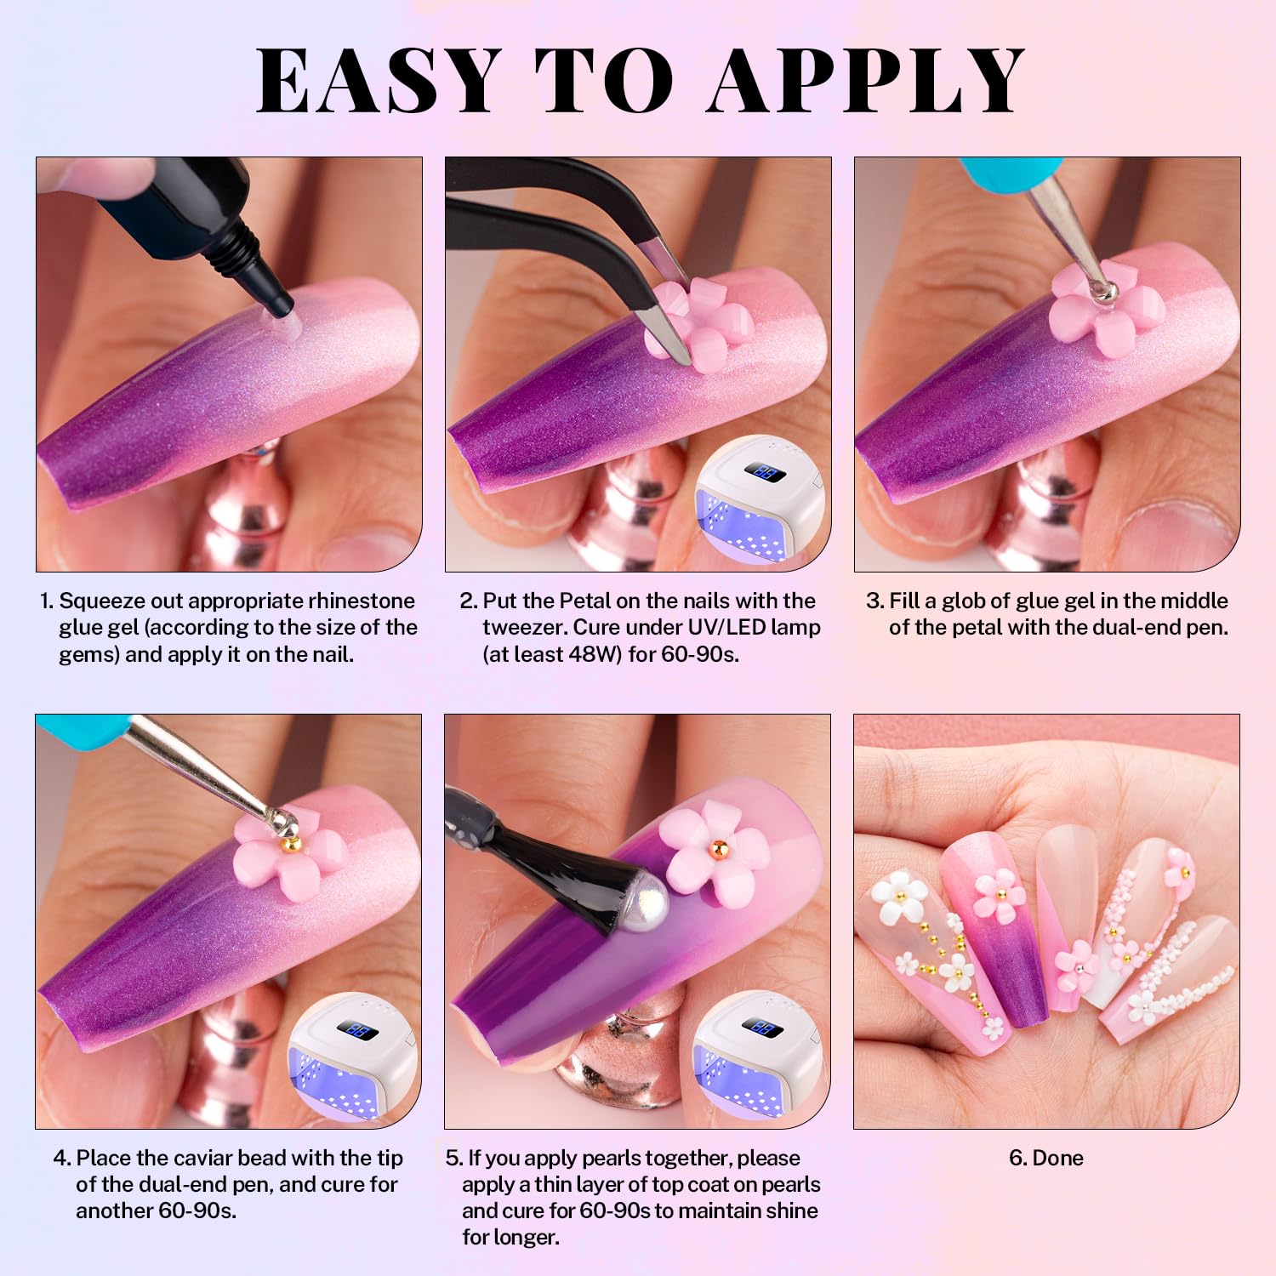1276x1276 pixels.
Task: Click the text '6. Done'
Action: [x=1046, y=1158]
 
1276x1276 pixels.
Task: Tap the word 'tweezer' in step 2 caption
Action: [x=524, y=628]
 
